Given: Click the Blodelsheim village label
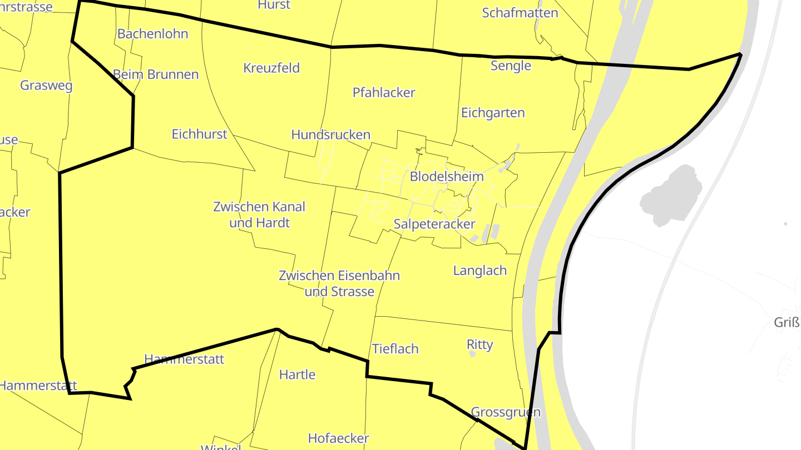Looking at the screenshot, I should tap(446, 177).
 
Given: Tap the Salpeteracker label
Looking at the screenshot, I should tap(434, 224).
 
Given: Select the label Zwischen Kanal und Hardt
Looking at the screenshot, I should tap(259, 214).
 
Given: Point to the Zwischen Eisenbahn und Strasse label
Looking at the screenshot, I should tap(339, 283).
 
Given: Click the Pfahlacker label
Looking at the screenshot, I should tap(384, 92).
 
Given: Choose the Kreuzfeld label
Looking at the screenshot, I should tap(271, 68).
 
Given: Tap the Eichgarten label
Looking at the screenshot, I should tap(493, 113).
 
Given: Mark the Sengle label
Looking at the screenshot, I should tap(511, 66).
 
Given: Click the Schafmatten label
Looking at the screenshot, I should tap(520, 13).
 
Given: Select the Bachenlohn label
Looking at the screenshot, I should tap(152, 33).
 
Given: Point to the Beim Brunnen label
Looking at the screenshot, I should tap(155, 74).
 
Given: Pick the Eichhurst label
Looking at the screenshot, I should tap(199, 134).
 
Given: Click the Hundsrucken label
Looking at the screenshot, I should tap(330, 134).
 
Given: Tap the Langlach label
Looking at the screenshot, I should tap(479, 271).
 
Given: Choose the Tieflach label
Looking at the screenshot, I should tap(394, 349).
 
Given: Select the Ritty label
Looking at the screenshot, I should tap(479, 344).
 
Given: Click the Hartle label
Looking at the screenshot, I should tap(297, 374).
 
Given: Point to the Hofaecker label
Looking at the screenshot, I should tap(338, 438).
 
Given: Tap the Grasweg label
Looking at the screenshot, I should tap(46, 86).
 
